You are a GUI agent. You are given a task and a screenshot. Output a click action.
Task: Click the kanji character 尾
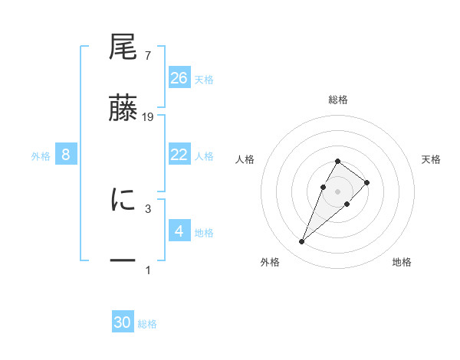click(123, 47)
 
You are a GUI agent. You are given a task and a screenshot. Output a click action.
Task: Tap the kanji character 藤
click(123, 110)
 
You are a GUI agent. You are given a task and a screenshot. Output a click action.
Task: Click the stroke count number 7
click(147, 55)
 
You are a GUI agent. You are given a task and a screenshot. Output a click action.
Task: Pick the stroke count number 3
click(147, 208)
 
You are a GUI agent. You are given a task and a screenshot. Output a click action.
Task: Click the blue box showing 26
click(179, 77)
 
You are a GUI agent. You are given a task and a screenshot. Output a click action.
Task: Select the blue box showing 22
click(179, 155)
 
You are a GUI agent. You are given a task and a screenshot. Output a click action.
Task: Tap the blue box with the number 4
click(179, 231)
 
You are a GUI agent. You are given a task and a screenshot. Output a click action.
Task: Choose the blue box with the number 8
click(66, 155)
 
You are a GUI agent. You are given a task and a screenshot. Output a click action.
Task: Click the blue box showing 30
click(123, 322)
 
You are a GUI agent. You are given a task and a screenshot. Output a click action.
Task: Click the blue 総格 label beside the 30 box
click(147, 324)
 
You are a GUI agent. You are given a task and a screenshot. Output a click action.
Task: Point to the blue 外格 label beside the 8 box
click(41, 156)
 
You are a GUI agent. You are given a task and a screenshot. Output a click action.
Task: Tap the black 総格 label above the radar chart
click(337, 100)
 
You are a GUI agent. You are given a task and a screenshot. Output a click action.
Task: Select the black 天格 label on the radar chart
click(431, 159)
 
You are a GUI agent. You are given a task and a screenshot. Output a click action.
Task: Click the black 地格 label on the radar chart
click(402, 262)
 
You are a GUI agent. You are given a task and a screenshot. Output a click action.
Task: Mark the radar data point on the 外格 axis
click(301, 242)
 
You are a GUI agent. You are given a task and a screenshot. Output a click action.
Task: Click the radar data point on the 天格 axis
click(367, 182)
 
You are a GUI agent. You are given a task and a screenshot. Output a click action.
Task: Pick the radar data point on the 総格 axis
click(337, 162)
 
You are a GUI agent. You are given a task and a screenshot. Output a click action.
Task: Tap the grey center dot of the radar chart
click(337, 191)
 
